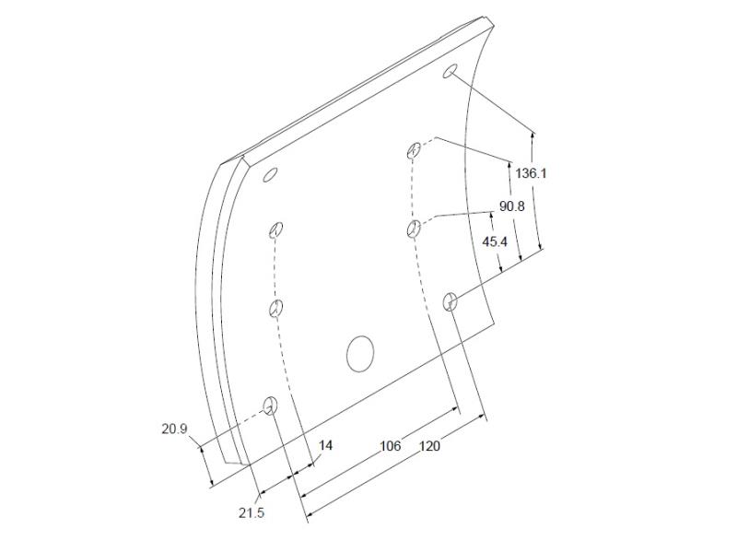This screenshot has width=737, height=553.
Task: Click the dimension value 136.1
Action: click(532, 173)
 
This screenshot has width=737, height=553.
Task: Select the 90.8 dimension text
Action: click(511, 206)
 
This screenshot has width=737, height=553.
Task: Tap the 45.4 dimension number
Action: click(495, 242)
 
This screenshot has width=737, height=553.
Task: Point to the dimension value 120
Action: click(429, 446)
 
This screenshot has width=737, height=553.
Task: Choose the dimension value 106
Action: click(390, 446)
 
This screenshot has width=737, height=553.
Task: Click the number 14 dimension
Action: click(325, 445)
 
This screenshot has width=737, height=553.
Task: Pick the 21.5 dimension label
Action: click(251, 513)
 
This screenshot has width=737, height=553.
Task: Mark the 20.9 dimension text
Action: click(174, 429)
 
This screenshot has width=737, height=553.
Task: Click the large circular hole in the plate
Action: click(360, 354)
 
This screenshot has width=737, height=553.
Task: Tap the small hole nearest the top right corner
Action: click(450, 71)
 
